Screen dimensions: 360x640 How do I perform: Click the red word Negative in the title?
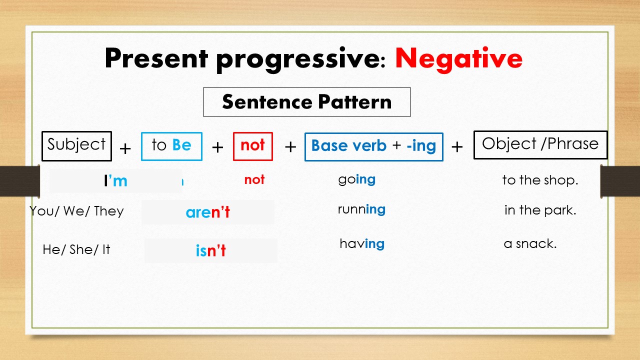(x=458, y=59)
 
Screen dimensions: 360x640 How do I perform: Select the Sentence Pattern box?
(x=306, y=102)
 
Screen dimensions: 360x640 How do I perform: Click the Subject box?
(x=76, y=145)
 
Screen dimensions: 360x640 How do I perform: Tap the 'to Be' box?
(x=171, y=146)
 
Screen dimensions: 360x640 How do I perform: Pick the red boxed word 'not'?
(x=252, y=146)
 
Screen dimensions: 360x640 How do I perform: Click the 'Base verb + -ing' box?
(x=373, y=146)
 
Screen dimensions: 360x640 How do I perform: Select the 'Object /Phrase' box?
(x=540, y=144)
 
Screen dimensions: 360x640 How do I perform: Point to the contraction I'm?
(x=115, y=180)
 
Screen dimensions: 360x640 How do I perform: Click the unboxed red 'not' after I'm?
(x=254, y=180)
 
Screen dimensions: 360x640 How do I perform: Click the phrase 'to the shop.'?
(x=540, y=180)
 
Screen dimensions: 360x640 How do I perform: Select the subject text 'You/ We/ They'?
(x=76, y=211)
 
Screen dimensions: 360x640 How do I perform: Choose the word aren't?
(x=207, y=212)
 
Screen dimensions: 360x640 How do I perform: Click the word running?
(x=361, y=209)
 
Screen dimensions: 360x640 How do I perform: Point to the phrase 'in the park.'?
(x=540, y=210)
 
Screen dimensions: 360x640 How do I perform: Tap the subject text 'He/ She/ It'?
(x=76, y=249)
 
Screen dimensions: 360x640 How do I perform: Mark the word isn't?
(x=210, y=250)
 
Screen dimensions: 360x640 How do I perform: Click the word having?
(x=361, y=244)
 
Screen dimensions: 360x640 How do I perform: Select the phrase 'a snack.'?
(x=530, y=244)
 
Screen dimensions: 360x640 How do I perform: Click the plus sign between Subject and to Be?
(x=125, y=148)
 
